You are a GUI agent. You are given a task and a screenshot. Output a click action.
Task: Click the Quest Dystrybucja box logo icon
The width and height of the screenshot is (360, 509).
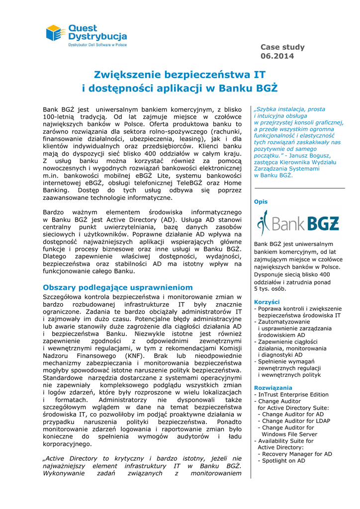56,33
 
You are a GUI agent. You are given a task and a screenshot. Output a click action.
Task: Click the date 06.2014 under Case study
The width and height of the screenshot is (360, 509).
277,56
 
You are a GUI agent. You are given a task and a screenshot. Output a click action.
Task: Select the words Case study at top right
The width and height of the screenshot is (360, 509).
282,47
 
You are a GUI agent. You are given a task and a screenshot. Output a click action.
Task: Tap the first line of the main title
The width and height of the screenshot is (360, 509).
180,75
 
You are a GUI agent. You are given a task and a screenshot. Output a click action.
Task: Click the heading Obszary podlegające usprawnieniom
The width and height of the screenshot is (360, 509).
117,287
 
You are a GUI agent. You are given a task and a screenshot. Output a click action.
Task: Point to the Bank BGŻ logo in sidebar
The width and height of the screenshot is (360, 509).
297,224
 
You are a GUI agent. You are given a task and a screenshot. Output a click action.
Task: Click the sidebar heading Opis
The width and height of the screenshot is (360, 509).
261,202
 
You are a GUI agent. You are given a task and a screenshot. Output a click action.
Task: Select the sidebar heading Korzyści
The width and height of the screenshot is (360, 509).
267,302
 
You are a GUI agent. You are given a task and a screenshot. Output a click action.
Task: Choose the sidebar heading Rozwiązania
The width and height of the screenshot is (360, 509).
273,388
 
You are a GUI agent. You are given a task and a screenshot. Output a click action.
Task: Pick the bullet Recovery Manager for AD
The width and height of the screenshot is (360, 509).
297,454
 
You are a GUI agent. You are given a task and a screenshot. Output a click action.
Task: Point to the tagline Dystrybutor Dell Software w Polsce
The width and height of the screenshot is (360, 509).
97,45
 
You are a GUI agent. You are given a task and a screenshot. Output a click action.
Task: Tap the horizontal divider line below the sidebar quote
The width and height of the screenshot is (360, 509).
299,188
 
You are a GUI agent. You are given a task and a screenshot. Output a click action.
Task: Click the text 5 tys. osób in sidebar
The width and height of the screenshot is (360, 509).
271,289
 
